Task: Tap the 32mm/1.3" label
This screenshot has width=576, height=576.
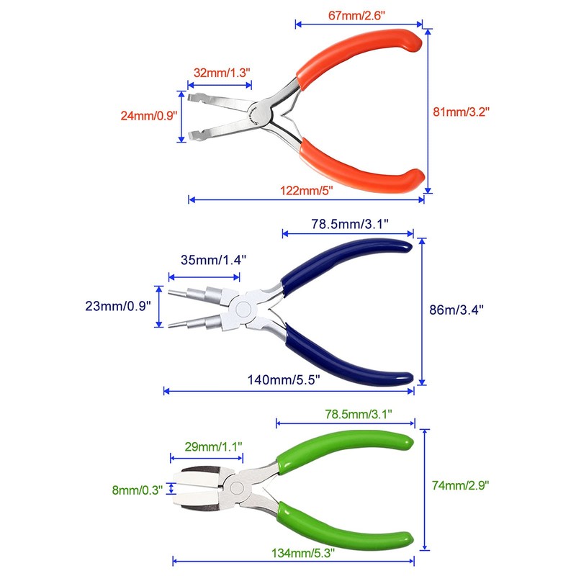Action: (222, 73)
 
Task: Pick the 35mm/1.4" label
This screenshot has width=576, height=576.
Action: (207, 260)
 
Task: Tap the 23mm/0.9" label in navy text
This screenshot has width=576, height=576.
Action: (118, 306)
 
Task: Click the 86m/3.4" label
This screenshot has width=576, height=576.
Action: (455, 310)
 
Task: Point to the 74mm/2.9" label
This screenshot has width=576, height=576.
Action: (461, 487)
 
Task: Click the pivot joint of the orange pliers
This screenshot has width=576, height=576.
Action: (258, 112)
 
